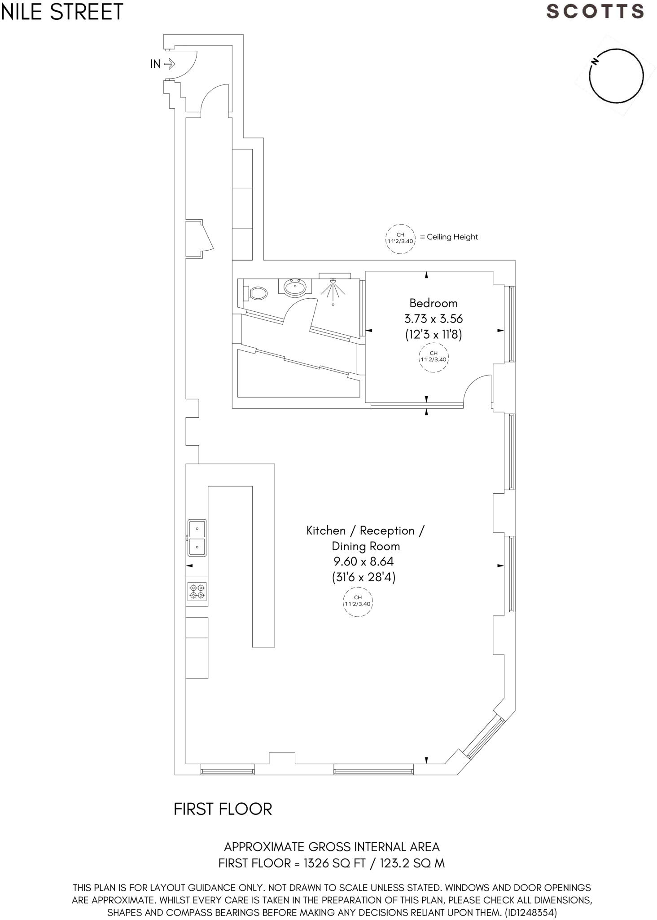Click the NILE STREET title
(x=62, y=12)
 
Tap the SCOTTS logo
(x=595, y=12)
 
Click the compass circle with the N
(x=616, y=75)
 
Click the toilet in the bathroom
(x=256, y=294)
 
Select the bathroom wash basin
(x=295, y=287)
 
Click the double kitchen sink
(x=197, y=538)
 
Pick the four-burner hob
(x=197, y=591)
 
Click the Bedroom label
(x=433, y=303)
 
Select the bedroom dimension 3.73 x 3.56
(x=433, y=319)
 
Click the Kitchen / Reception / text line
(x=365, y=531)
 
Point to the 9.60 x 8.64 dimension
(x=364, y=562)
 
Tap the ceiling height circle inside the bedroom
(x=434, y=356)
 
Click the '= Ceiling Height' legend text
(x=449, y=237)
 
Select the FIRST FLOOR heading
(x=223, y=809)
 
